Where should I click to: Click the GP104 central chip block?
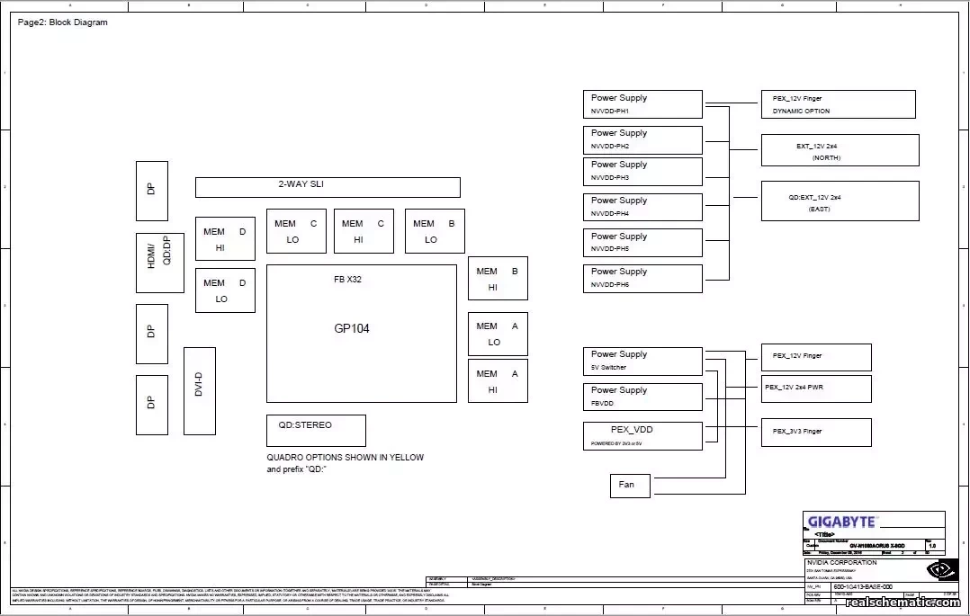[361, 334]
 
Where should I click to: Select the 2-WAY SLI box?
[328, 187]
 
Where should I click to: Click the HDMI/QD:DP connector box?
[159, 263]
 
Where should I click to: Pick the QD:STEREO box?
[316, 430]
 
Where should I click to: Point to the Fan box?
[629, 485]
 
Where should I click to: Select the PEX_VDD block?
[642, 435]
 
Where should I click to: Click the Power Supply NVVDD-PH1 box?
[642, 103]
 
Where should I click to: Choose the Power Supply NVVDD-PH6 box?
[642, 278]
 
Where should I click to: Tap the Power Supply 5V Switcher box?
[642, 361]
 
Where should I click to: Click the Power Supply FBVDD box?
[642, 397]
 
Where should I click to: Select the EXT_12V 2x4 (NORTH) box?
[840, 150]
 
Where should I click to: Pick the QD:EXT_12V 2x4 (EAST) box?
[840, 201]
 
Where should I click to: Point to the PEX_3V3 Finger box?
[815, 432]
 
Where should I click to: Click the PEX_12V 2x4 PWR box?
[815, 388]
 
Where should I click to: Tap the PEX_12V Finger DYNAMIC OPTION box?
[838, 103]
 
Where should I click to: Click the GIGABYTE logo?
[841, 522]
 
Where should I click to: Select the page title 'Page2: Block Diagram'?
[62, 22]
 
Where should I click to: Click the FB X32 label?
[347, 280]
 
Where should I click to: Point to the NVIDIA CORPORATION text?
[840, 562]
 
